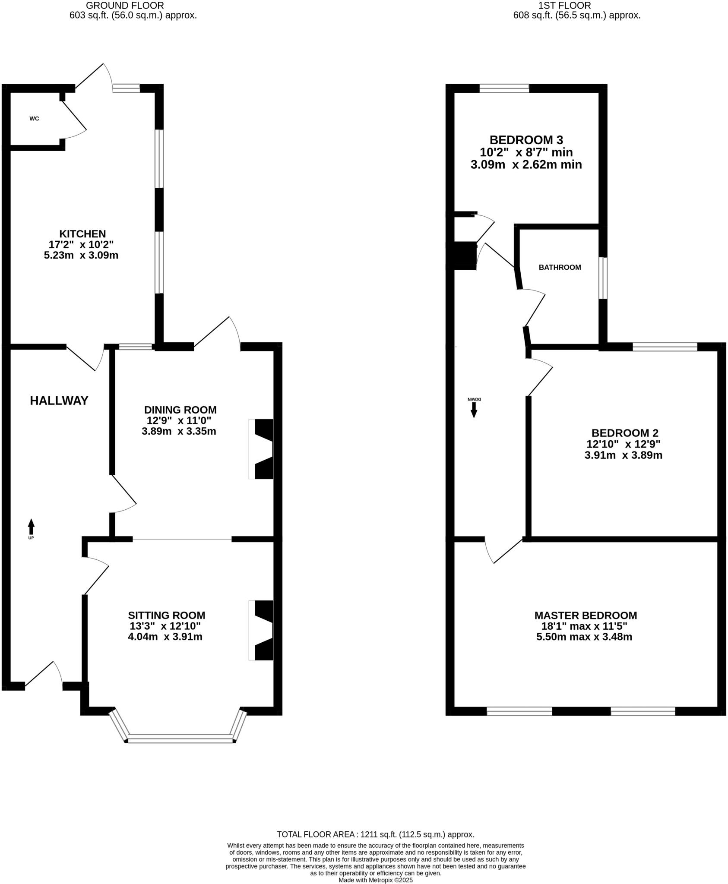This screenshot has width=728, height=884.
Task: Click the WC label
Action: (34, 118)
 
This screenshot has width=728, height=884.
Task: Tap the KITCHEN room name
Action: (82, 234)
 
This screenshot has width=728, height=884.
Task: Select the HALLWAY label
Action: (59, 401)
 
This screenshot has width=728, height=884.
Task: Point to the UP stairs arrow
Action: (31, 527)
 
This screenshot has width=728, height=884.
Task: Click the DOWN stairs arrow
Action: (474, 410)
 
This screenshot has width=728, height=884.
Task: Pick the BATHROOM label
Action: (560, 267)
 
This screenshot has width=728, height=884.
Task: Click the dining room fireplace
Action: (261, 449)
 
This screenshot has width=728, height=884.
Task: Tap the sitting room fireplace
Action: (261, 630)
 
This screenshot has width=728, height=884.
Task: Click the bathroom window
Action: (603, 278)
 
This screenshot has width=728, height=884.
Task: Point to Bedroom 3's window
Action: (504, 88)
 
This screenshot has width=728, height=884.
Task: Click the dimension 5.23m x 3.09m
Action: (81, 255)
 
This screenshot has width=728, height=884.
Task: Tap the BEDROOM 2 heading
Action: (625, 433)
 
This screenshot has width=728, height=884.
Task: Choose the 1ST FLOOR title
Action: (565, 6)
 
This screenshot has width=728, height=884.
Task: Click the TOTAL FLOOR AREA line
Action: (376, 834)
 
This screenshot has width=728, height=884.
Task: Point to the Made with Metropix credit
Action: (376, 880)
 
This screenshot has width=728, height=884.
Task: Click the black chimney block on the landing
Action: (464, 256)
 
